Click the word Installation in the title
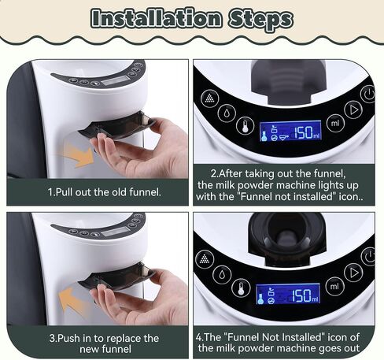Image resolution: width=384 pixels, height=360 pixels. [x=157, y=18]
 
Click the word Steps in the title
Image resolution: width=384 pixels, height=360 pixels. [x=260, y=20]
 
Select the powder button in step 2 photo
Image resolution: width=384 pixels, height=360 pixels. [x=209, y=98]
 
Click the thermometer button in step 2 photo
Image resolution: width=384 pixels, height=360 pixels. [x=245, y=126]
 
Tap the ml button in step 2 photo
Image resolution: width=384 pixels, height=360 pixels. [x=335, y=123]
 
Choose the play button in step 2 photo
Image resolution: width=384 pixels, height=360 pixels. [x=353, y=109]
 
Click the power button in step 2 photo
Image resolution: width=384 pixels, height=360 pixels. [x=367, y=94]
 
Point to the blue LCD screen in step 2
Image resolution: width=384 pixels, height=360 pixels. [x=290, y=132]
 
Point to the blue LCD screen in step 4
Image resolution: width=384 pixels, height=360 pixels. [x=288, y=294]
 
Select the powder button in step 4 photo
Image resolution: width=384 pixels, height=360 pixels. [x=205, y=259]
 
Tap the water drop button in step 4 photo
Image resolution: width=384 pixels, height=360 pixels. [x=222, y=274]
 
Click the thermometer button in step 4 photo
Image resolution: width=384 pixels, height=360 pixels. [x=240, y=288]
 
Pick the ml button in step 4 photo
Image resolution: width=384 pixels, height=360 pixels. [x=334, y=286]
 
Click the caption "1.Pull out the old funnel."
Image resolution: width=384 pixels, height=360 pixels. [x=105, y=192]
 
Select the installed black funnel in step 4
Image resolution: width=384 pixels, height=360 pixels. [x=287, y=237]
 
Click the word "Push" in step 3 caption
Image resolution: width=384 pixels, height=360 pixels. [x=68, y=338]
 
